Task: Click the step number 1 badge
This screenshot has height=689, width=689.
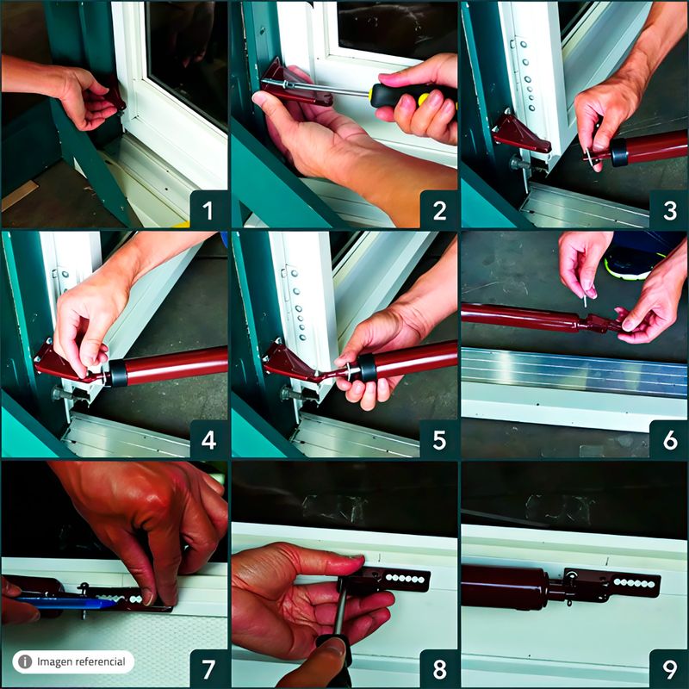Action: tap(208, 210)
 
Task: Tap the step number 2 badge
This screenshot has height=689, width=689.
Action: tap(439, 210)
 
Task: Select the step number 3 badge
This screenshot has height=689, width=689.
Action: tap(669, 210)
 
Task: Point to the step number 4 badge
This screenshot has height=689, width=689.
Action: tap(208, 439)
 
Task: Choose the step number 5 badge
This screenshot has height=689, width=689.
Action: tap(439, 439)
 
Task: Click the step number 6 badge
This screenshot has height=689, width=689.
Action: tap(669, 439)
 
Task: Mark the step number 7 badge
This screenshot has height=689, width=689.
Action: tap(208, 669)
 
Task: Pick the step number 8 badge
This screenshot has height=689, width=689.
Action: tap(439, 669)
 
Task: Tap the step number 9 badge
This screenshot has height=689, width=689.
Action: tap(669, 669)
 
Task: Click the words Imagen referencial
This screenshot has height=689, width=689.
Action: tap(81, 661)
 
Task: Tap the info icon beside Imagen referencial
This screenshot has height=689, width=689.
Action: tap(25, 661)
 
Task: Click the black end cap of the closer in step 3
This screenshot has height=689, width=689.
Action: tap(618, 152)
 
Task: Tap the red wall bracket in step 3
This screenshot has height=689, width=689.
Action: tap(522, 133)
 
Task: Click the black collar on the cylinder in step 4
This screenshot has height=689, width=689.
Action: tap(118, 373)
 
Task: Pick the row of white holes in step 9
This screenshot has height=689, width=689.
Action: tap(634, 583)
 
